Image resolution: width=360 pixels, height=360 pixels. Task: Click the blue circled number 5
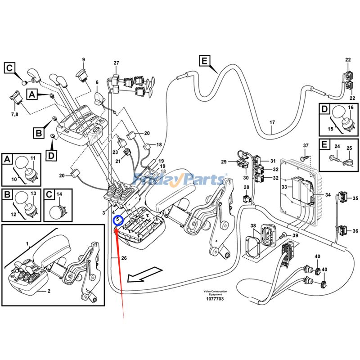[x=118, y=220]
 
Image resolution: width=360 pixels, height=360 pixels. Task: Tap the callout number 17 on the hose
[x=272, y=122]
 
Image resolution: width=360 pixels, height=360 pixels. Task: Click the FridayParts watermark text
[x=180, y=180]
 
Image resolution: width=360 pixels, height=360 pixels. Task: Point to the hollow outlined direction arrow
[x=144, y=274]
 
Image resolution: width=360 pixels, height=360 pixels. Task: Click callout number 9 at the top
[x=83, y=60]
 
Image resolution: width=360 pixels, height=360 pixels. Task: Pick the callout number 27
[x=116, y=63]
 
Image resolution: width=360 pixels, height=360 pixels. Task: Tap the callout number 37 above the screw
[x=306, y=145]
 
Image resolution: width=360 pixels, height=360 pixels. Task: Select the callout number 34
[x=328, y=194]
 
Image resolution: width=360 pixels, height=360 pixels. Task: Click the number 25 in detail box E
[x=349, y=148]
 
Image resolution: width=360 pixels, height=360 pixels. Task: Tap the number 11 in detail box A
[x=32, y=157]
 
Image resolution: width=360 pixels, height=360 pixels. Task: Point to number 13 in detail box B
[x=32, y=194]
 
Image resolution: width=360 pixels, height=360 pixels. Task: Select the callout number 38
[x=253, y=226]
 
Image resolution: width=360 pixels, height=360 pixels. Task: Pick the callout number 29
[x=224, y=162]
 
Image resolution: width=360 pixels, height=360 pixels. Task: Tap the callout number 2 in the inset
[x=49, y=291]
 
